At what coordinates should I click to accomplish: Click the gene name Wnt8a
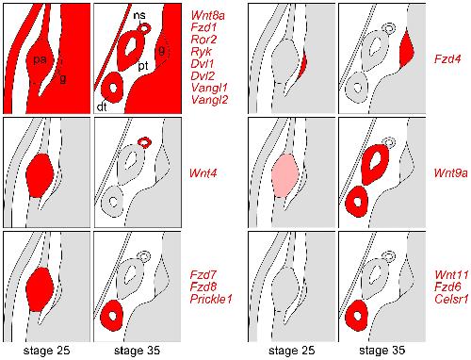click(208, 15)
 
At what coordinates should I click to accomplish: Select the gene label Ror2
click(203, 40)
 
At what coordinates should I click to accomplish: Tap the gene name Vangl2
click(209, 100)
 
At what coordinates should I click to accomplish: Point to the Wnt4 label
click(203, 173)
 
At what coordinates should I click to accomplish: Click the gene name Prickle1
click(211, 299)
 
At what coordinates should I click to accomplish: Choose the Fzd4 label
click(447, 58)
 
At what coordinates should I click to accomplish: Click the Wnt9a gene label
click(450, 173)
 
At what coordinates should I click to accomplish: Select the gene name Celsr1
click(451, 299)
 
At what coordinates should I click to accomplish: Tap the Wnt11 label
click(451, 275)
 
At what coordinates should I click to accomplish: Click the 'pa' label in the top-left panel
click(40, 59)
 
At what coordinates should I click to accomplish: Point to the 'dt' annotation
click(102, 107)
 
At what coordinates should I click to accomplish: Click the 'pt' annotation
click(143, 66)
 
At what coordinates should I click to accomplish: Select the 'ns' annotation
click(139, 16)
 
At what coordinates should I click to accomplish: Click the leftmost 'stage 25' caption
click(46, 351)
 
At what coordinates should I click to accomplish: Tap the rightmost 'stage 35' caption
click(382, 351)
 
